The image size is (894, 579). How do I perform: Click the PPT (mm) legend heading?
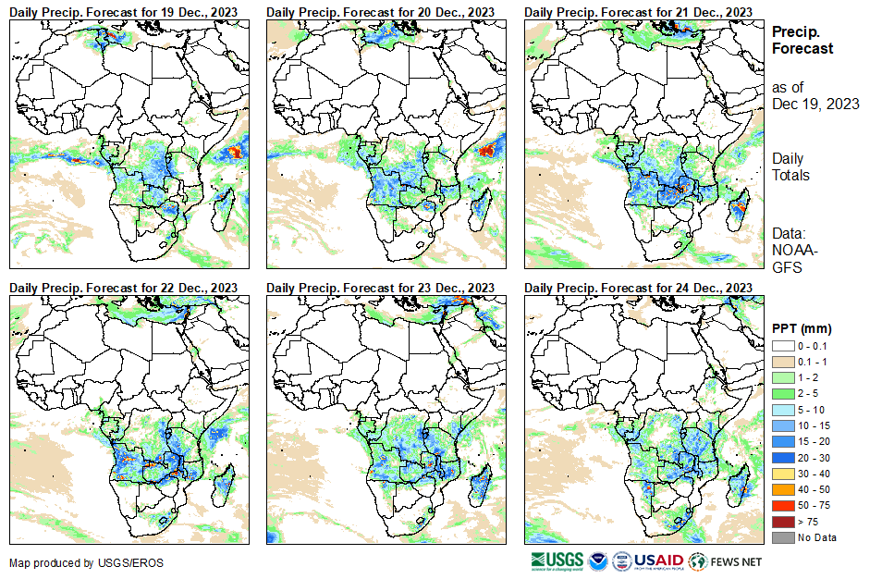click(x=802, y=328)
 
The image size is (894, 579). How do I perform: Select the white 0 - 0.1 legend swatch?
click(x=782, y=345)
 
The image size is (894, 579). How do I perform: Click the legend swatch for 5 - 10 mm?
click(x=782, y=409)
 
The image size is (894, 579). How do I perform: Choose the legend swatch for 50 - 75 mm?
click(x=782, y=505)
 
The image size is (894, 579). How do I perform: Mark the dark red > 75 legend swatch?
click(x=782, y=521)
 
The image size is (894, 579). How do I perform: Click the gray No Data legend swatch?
click(x=782, y=536)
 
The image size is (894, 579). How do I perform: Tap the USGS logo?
click(x=557, y=561)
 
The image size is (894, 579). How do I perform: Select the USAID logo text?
click(x=658, y=561)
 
